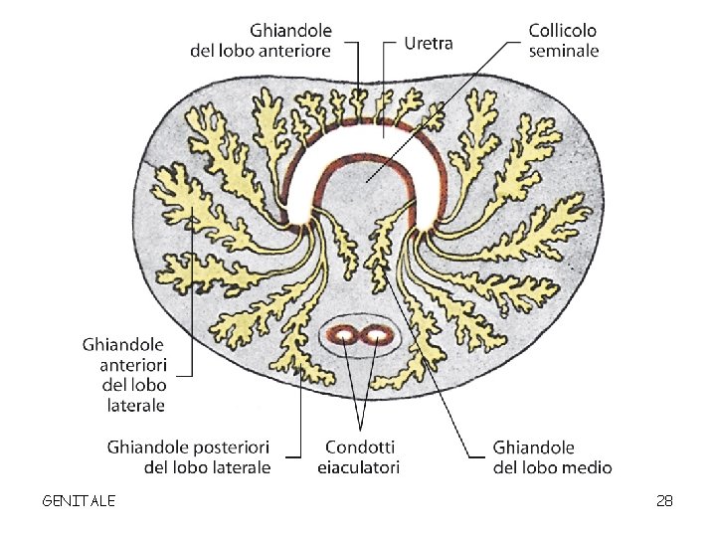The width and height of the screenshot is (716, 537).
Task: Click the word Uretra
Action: click(x=431, y=43)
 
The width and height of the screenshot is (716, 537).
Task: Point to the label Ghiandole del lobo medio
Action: click(x=552, y=457)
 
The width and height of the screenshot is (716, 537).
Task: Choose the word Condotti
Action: click(x=358, y=447)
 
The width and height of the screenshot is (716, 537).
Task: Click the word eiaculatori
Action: click(x=358, y=467)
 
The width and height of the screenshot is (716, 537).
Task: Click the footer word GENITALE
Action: click(x=79, y=500)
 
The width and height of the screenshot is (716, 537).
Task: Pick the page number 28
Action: click(x=664, y=500)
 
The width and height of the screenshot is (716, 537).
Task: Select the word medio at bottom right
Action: click(x=589, y=467)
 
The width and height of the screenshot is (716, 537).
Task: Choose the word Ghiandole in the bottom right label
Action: click(x=533, y=447)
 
